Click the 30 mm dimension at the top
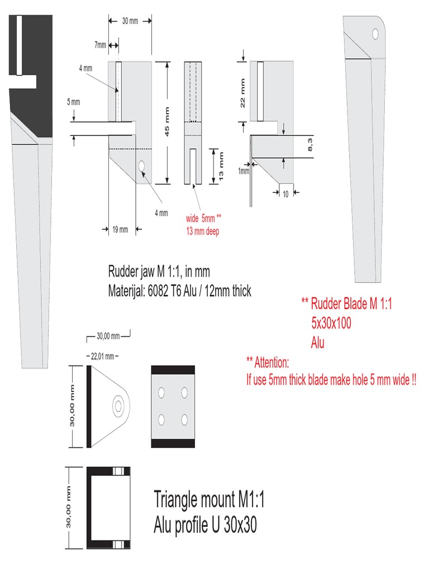(x=130, y=21)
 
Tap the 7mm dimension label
(x=100, y=45)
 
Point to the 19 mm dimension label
(x=120, y=229)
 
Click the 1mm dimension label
(x=244, y=171)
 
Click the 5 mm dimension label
(x=73, y=102)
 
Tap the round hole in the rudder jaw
(x=142, y=166)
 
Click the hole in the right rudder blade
(x=375, y=34)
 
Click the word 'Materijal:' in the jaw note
(x=128, y=291)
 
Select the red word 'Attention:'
(x=271, y=364)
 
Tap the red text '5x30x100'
(x=331, y=324)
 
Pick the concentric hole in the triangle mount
(x=118, y=406)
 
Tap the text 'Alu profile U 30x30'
(x=205, y=525)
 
